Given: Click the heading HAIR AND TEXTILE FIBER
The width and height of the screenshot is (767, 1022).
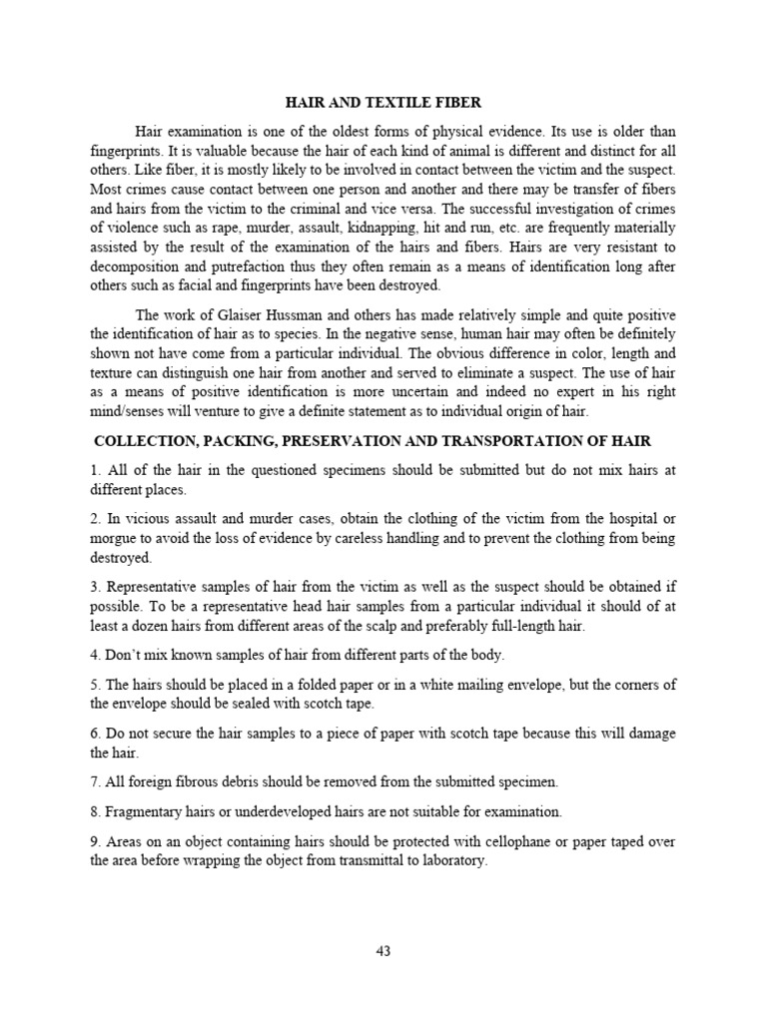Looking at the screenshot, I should (x=383, y=102).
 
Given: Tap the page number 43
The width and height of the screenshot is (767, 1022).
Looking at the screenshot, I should (x=383, y=950).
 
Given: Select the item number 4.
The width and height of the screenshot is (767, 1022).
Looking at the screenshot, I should (x=94, y=655).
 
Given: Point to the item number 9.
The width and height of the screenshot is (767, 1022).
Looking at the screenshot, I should (x=94, y=842).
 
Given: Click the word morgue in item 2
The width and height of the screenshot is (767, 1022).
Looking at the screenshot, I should (x=111, y=539).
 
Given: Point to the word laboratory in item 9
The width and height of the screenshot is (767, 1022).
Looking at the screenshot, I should (x=452, y=860).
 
